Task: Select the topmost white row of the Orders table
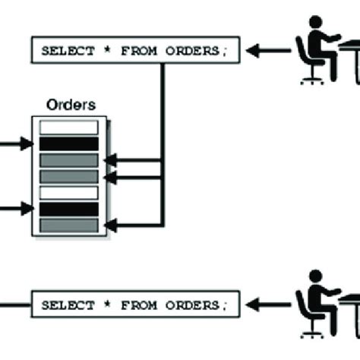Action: click(69, 128)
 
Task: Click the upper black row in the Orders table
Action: click(69, 144)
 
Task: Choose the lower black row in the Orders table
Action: click(69, 209)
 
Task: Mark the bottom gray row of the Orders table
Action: click(69, 225)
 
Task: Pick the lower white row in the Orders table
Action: click(69, 193)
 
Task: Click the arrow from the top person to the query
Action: click(269, 52)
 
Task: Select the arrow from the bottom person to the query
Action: click(269, 305)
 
